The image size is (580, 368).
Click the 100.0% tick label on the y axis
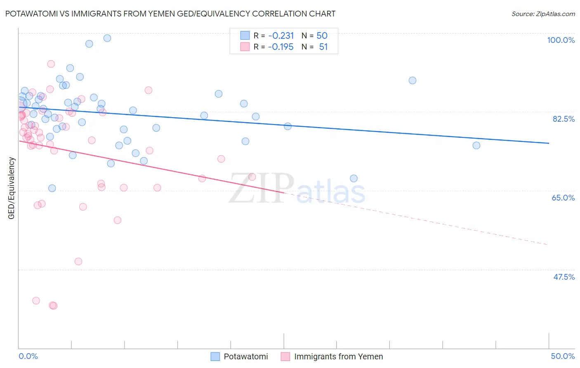561,40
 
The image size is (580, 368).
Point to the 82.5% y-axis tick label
563,119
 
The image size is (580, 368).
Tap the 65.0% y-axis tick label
563,198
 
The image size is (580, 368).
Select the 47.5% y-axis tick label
564,277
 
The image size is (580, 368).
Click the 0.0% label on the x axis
28,356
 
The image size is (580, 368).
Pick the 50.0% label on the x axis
563,356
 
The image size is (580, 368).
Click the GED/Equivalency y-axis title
12,188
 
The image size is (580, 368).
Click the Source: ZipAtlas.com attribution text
543,14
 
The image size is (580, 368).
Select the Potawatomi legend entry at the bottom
240,356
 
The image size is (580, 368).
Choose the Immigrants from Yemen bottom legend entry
332,356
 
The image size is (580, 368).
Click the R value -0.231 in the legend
281,36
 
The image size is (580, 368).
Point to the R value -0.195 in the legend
281,47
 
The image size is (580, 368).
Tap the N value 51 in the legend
323,47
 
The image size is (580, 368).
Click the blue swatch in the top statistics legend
245,35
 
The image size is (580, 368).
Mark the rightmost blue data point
476,145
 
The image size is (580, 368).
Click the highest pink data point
51,64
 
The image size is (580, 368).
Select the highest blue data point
107,38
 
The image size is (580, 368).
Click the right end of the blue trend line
549,143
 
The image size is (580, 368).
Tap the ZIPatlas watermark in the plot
297,189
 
